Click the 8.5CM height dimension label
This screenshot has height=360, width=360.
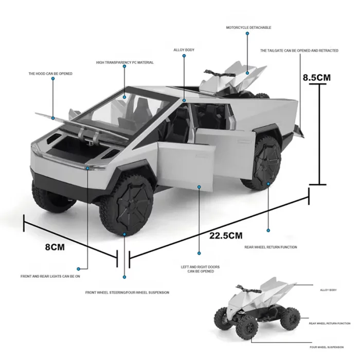pos(317,78)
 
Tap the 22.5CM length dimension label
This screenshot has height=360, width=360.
pos(226,236)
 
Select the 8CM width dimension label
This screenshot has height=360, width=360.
pos(55,247)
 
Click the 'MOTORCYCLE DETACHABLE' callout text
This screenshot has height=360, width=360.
pos(248,28)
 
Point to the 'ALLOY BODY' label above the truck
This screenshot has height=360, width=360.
pos(184,50)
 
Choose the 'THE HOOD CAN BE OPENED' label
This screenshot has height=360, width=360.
pos(50,74)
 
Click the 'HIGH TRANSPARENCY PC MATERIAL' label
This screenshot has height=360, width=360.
pos(125,62)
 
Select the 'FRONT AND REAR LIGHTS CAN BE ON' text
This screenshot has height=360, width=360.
pos(50,277)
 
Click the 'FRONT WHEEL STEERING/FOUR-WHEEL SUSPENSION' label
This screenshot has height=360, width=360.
pos(127,293)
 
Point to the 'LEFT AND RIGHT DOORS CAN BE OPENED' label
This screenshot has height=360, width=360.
pos(200,269)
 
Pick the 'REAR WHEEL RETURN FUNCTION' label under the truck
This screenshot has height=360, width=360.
pos(271,247)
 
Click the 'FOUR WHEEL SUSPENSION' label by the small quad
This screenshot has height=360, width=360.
pos(327,347)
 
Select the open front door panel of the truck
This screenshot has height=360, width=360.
pos(186,164)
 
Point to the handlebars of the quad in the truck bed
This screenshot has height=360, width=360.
pos(219,73)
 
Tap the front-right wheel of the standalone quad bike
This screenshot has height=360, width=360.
pos(247,327)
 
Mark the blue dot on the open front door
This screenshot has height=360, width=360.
pos(199,187)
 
